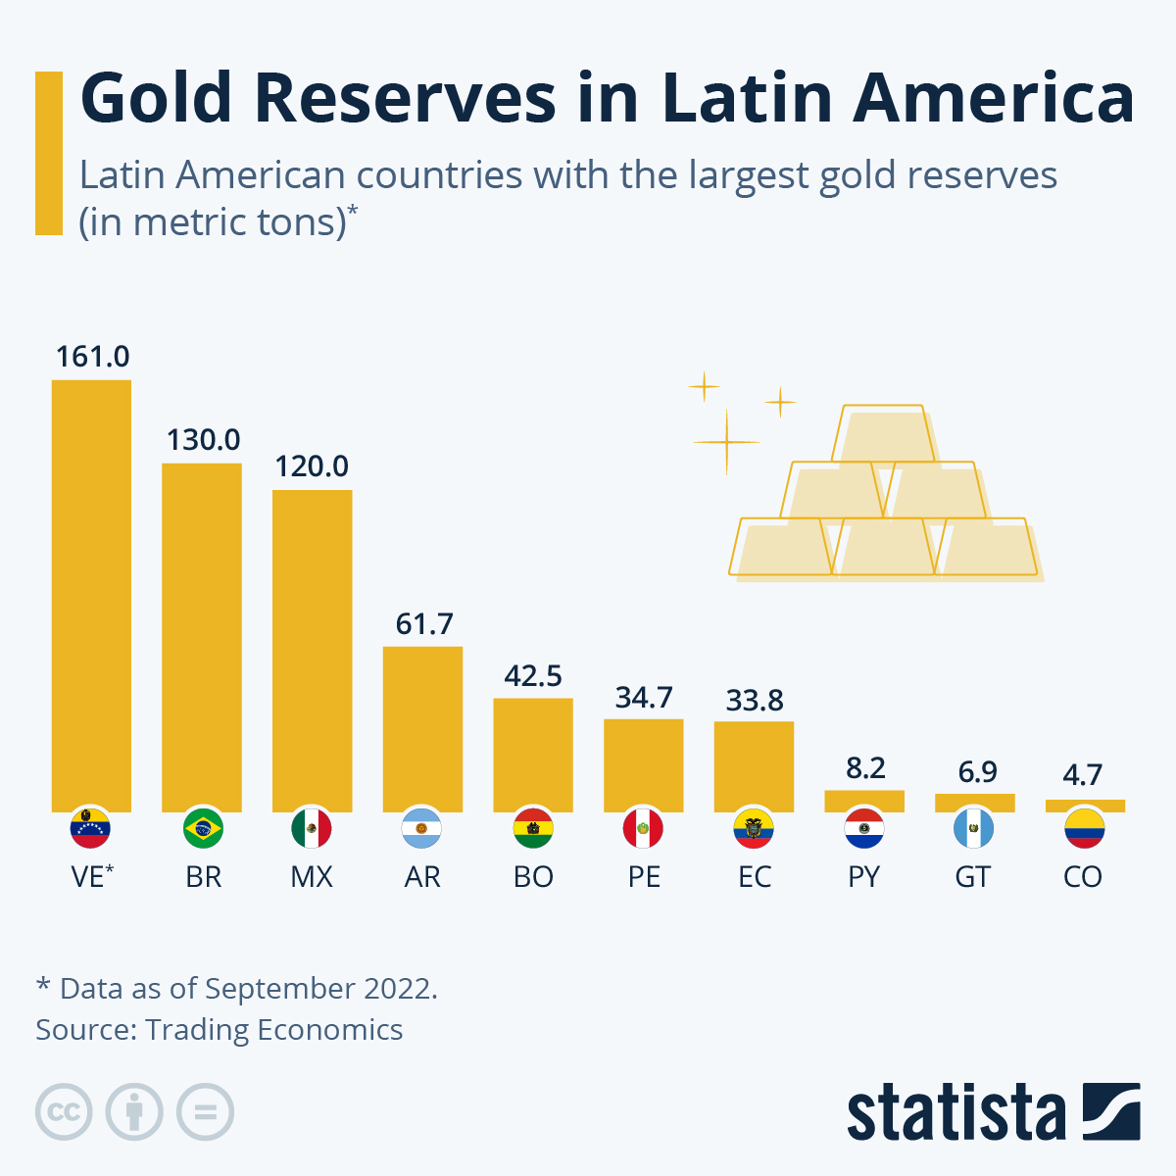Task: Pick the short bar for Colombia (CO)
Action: point(1085,806)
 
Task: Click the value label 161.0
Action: point(92,357)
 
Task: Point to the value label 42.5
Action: point(533,676)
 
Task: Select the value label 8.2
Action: point(865,767)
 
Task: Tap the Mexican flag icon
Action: point(312,829)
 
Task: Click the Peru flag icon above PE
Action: point(643,829)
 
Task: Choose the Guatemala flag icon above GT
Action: point(973,829)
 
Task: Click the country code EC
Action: point(754,877)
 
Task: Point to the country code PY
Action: point(864,877)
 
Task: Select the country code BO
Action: point(533,877)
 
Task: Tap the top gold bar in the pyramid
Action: point(884,433)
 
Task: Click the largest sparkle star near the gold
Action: point(726,443)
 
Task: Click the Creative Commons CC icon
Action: point(64,1112)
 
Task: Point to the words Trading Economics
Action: point(274,1030)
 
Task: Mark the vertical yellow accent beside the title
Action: point(49,153)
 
